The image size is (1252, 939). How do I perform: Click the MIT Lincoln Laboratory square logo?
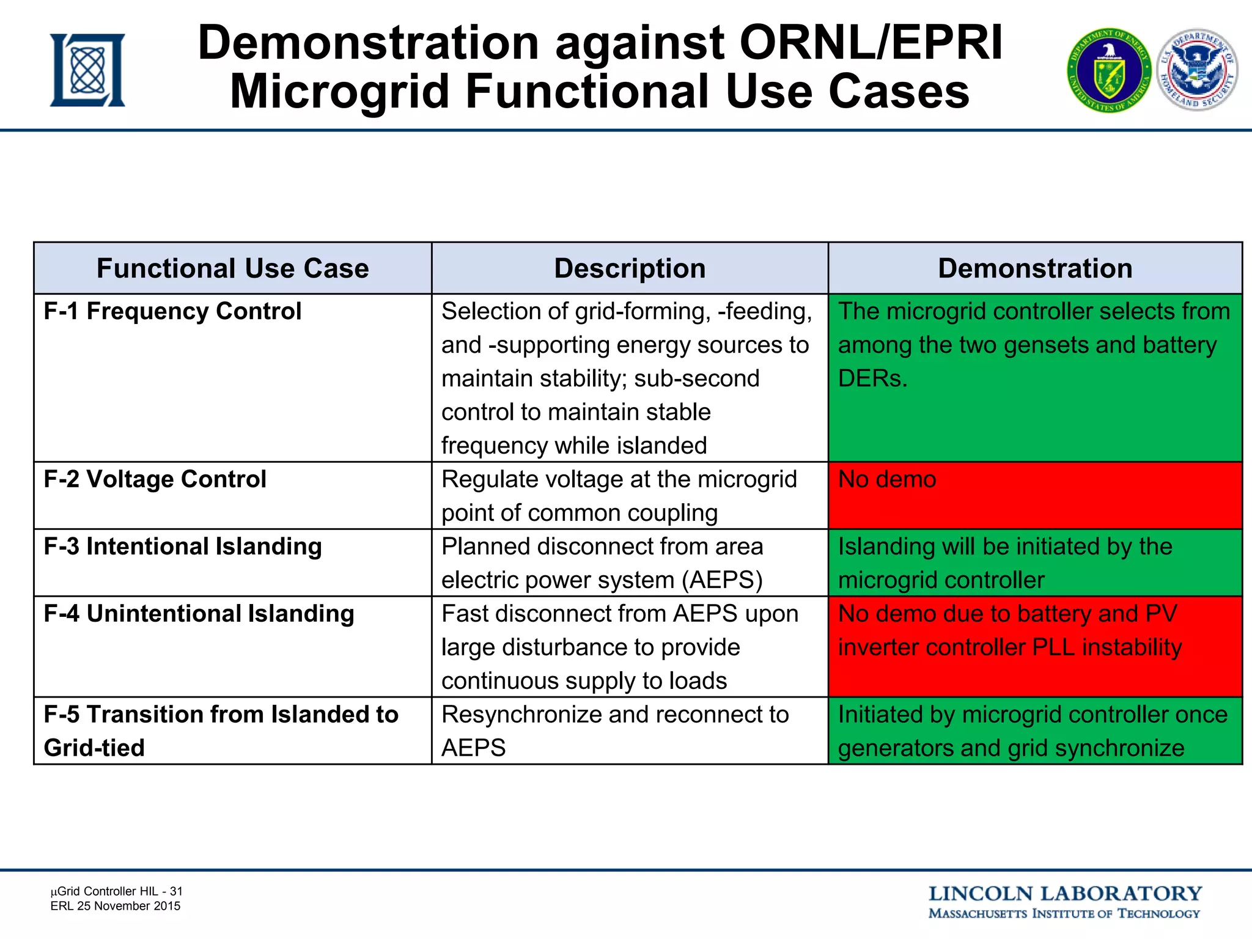tap(87, 70)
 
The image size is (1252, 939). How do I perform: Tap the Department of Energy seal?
tap(1109, 71)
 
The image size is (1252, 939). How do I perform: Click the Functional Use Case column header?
tap(232, 268)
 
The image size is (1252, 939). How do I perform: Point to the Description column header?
tap(630, 268)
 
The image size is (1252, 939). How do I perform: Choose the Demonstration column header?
tap(1035, 268)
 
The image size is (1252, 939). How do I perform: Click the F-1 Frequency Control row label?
tap(172, 311)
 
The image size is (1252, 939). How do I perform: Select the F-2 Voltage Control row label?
tap(155, 479)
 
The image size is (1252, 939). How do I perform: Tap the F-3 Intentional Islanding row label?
tap(182, 547)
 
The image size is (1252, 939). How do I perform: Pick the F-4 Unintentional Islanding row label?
tap(199, 614)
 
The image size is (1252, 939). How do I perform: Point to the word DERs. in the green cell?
tap(872, 379)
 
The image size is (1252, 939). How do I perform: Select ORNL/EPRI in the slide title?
tap(871, 43)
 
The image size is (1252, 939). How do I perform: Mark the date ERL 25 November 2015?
tap(116, 906)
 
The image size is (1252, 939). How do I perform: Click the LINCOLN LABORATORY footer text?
tap(1065, 894)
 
